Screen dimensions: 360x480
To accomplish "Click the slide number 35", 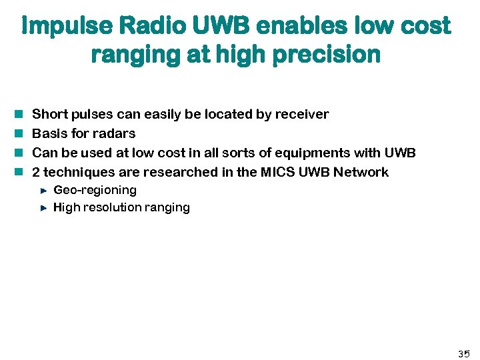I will tap(463, 353).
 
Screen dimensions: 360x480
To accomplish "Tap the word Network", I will tap(361, 172).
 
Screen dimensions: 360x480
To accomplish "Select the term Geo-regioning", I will tap(95, 190).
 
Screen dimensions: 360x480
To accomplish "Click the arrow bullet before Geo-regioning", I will tap(43, 190).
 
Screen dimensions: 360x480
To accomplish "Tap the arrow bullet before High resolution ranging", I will tap(43, 207).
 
